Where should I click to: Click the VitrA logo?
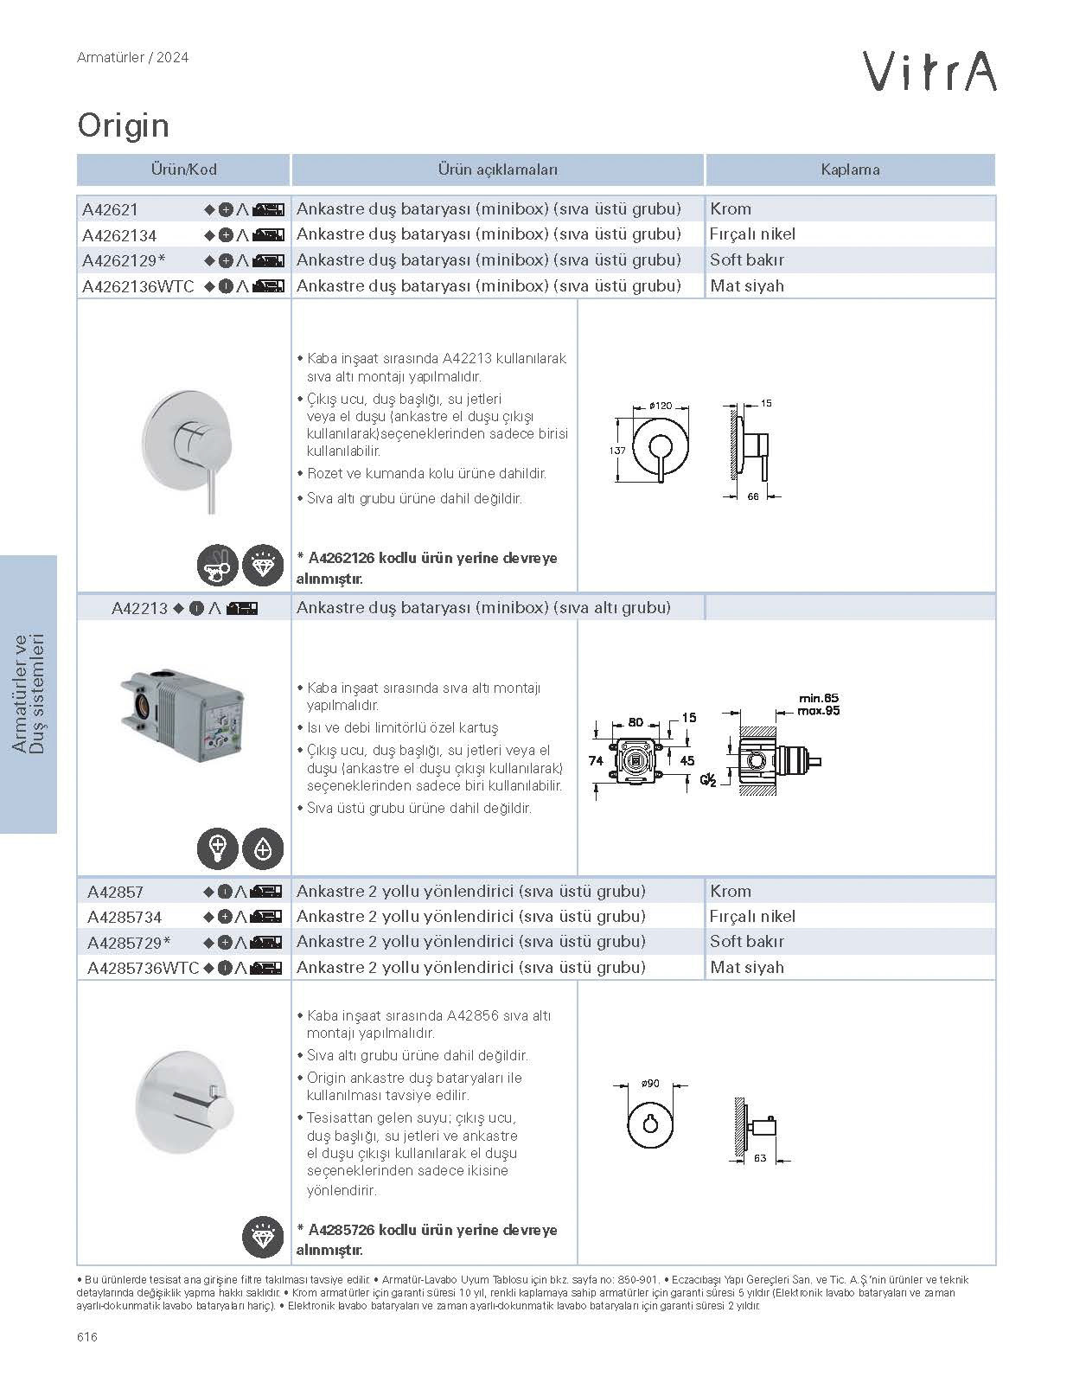[x=929, y=70]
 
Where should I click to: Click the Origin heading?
[x=123, y=126]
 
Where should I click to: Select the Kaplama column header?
[x=850, y=170]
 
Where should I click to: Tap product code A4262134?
[x=119, y=235]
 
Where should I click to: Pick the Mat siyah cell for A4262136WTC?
[x=747, y=286]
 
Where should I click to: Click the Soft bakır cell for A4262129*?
[x=747, y=260]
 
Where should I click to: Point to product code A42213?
[x=139, y=608]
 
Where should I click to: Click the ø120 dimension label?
[x=661, y=406]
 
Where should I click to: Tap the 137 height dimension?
[x=617, y=451]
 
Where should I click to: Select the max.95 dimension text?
[x=818, y=711]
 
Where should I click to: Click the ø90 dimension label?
[x=650, y=1084]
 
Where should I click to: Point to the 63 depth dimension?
[x=760, y=1158]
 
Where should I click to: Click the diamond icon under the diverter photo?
[x=263, y=1238]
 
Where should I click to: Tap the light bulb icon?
[x=218, y=849]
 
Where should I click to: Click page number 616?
[x=87, y=1337]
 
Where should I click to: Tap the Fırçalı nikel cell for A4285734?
[x=752, y=917]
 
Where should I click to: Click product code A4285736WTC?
[x=143, y=969]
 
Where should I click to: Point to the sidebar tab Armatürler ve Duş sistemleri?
[x=29, y=694]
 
